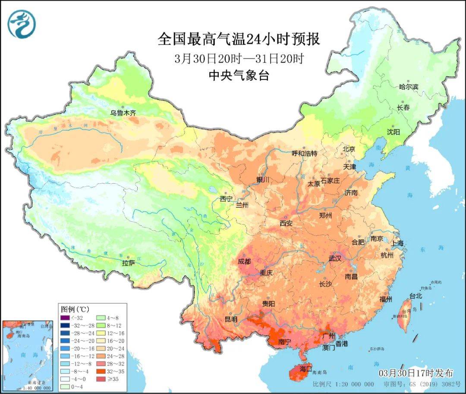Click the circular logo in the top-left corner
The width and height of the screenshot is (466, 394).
tap(22, 24)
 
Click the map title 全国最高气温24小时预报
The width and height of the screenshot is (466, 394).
tap(239, 40)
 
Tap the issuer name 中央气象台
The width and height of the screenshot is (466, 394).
tap(239, 76)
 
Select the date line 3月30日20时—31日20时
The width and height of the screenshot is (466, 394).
tap(239, 59)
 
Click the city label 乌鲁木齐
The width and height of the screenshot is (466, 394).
tap(123, 113)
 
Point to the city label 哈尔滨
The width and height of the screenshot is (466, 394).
tap(409, 87)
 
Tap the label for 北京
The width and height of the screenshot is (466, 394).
tap(349, 149)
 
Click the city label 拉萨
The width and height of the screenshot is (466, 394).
tap(129, 263)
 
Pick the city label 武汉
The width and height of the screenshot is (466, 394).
tap(335, 258)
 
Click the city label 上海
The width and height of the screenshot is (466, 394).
tap(398, 243)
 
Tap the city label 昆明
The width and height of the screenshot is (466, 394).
tap(231, 319)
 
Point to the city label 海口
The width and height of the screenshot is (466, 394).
tap(306, 369)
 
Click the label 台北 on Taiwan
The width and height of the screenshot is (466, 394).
tap(416, 296)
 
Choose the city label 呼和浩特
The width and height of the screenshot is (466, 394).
tap(304, 153)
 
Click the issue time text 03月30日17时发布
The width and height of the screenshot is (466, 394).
tap(416, 372)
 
